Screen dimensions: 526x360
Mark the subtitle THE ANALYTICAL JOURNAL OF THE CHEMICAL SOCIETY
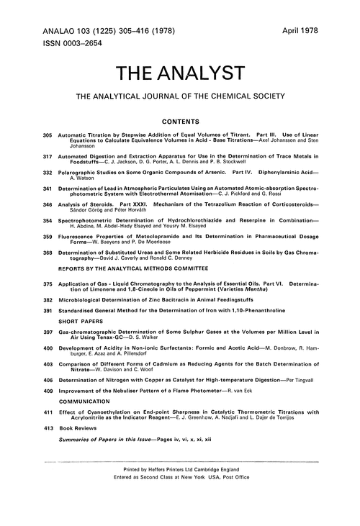181,96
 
